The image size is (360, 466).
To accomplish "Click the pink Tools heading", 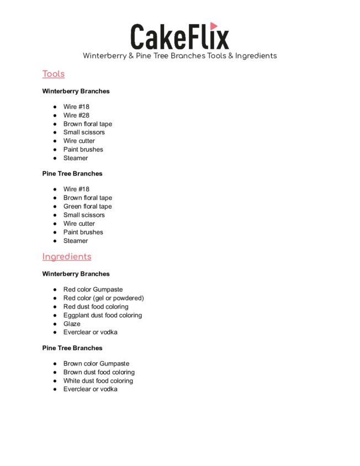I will pos(54,74).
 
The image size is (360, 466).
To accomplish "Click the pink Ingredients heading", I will pos(67,257).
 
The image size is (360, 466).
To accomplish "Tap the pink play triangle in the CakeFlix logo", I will pos(214,26).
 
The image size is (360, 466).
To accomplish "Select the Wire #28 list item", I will pos(76,115).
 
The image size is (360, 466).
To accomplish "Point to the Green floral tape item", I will pos(87,206).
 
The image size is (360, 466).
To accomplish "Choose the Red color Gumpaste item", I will pos(93,289).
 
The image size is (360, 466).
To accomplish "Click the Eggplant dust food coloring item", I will pos(102,315).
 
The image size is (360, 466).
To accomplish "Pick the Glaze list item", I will pos(72,324).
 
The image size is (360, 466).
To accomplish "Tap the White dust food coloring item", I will pos(98,380).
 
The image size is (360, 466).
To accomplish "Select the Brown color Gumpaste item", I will pos(96,363).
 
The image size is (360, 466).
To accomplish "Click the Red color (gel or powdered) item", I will pos(103,298).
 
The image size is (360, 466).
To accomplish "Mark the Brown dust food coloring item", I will pos(99,372).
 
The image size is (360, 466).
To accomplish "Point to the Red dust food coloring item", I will pos(96,306).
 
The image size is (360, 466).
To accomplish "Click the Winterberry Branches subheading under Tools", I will pos(76,91).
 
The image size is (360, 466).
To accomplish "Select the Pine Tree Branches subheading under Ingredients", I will pos(72,348).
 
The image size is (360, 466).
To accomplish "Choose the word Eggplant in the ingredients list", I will pos(76,315).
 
